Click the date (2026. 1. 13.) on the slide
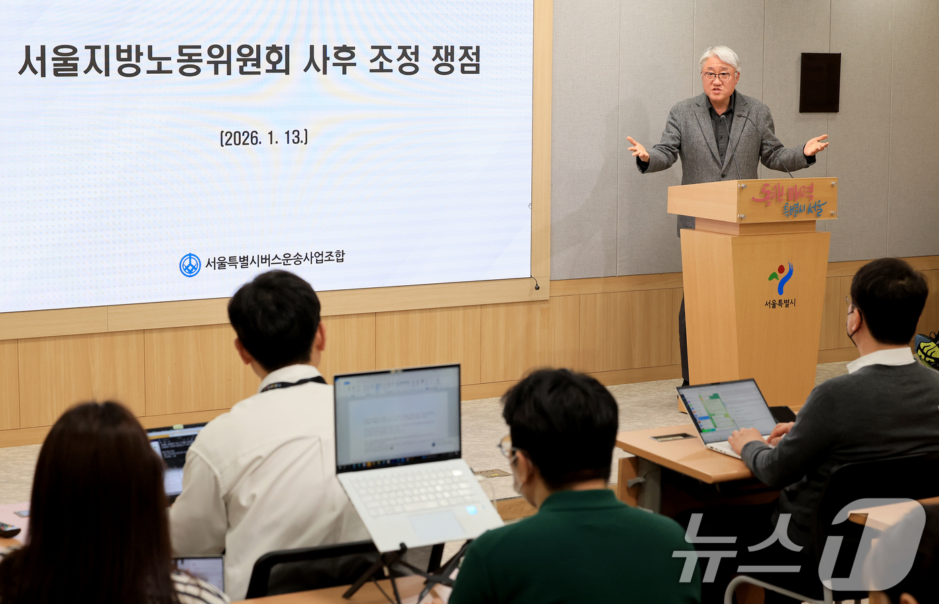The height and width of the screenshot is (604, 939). coord(264,138)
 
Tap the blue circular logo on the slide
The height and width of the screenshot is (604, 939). coord(190,265)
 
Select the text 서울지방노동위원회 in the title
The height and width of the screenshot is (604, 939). coord(154,60)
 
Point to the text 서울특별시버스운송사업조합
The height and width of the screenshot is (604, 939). coord(274,260)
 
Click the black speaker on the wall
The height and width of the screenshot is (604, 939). coord(820,83)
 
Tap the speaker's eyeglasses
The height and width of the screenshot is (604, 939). coord(718,77)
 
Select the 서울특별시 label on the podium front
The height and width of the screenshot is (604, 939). coord(780,303)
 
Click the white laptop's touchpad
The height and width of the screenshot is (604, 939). coord(438,525)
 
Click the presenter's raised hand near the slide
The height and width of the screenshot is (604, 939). coord(637,148)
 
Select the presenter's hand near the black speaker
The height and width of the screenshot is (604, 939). coord(816,144)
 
